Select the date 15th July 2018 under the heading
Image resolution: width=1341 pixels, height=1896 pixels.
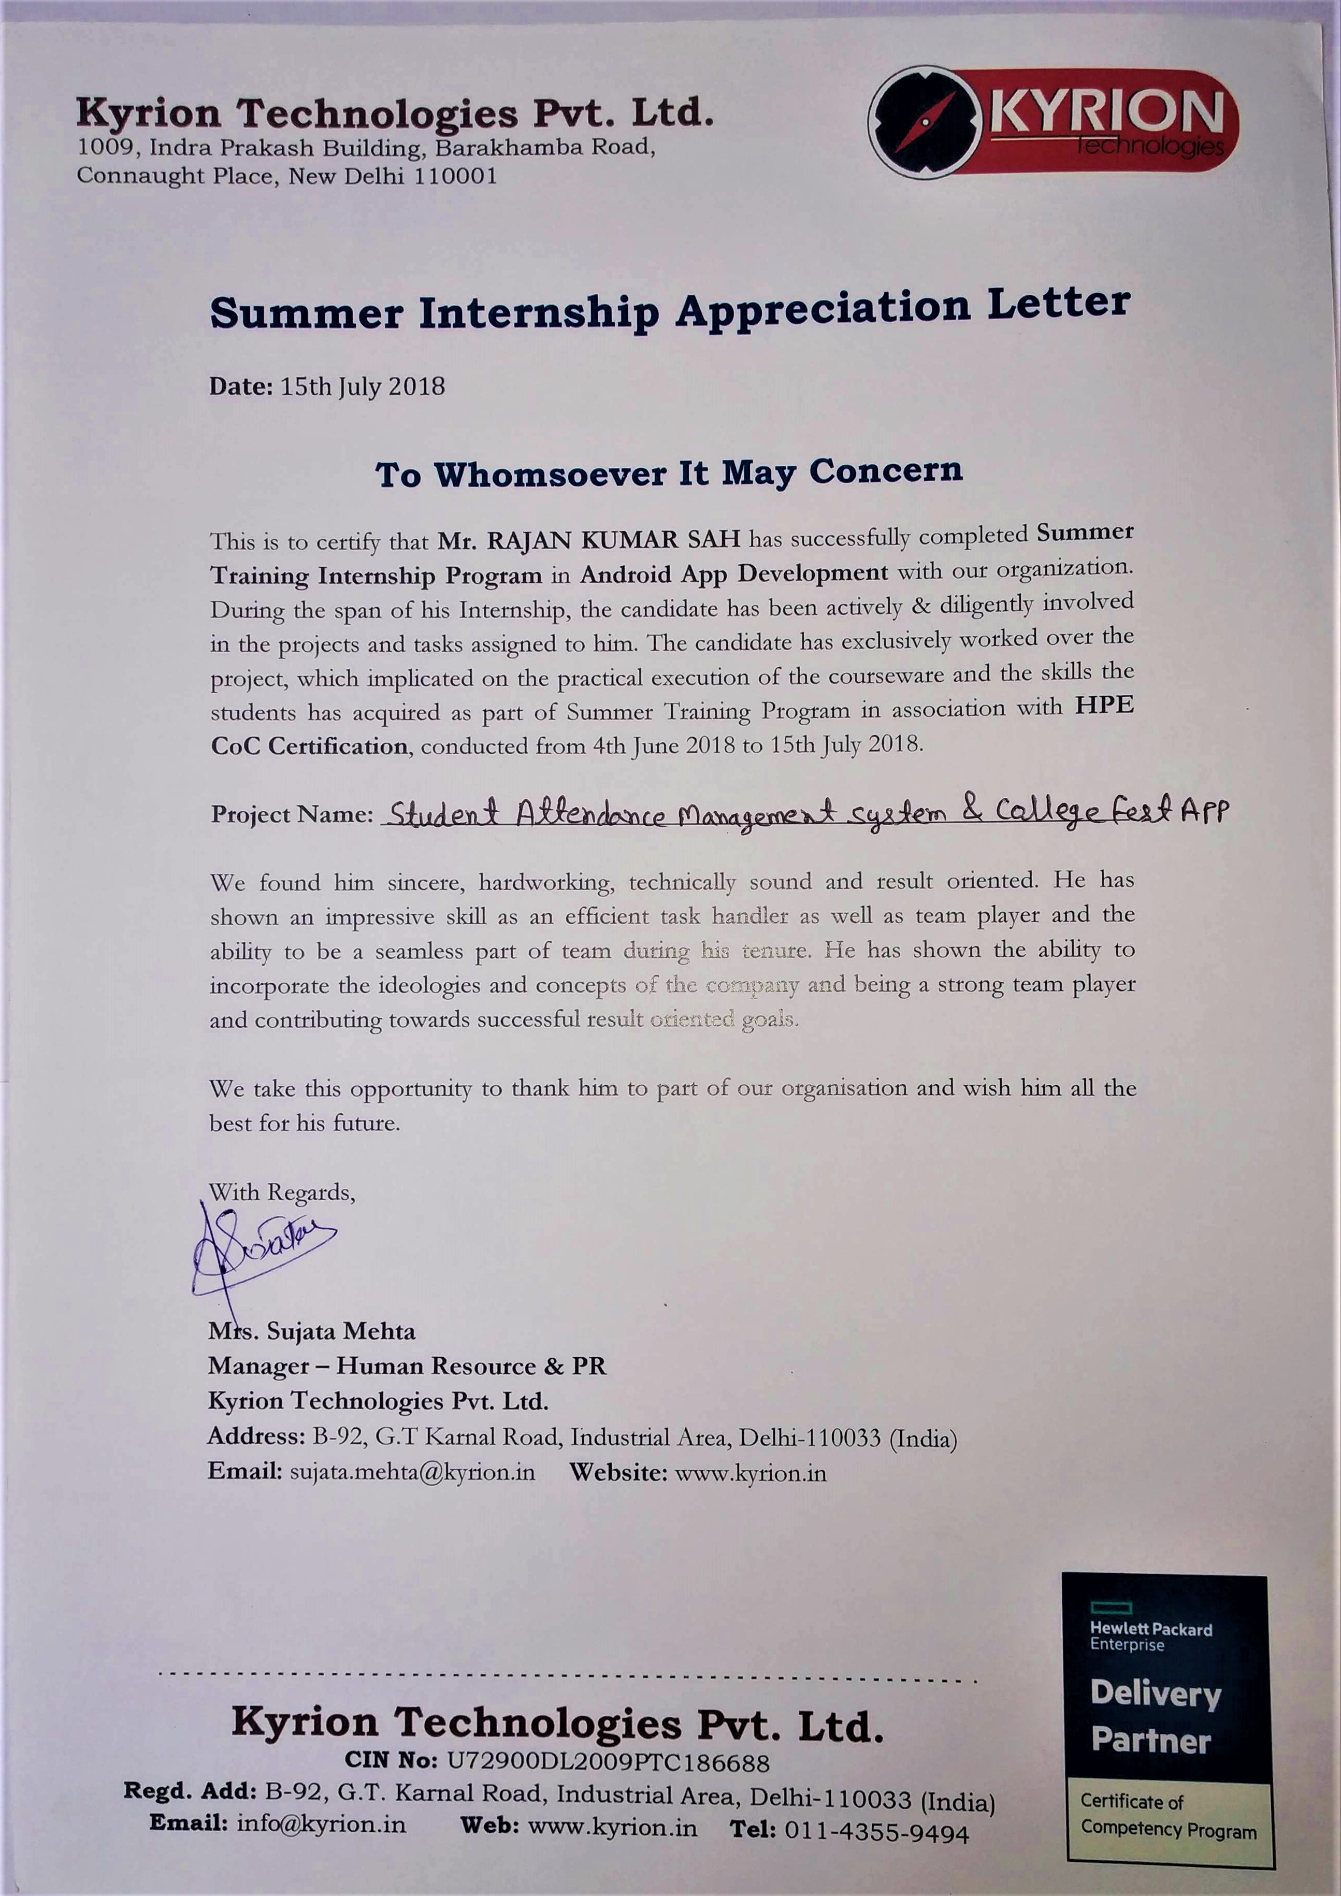[363, 386]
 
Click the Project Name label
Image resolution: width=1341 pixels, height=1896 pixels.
[292, 814]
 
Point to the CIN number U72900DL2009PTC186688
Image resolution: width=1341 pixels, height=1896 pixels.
[608, 1762]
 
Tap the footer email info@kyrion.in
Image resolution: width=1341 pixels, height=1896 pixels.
[321, 1823]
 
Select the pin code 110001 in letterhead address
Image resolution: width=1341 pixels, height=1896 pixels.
[454, 177]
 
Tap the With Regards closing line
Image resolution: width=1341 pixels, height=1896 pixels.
[282, 1193]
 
